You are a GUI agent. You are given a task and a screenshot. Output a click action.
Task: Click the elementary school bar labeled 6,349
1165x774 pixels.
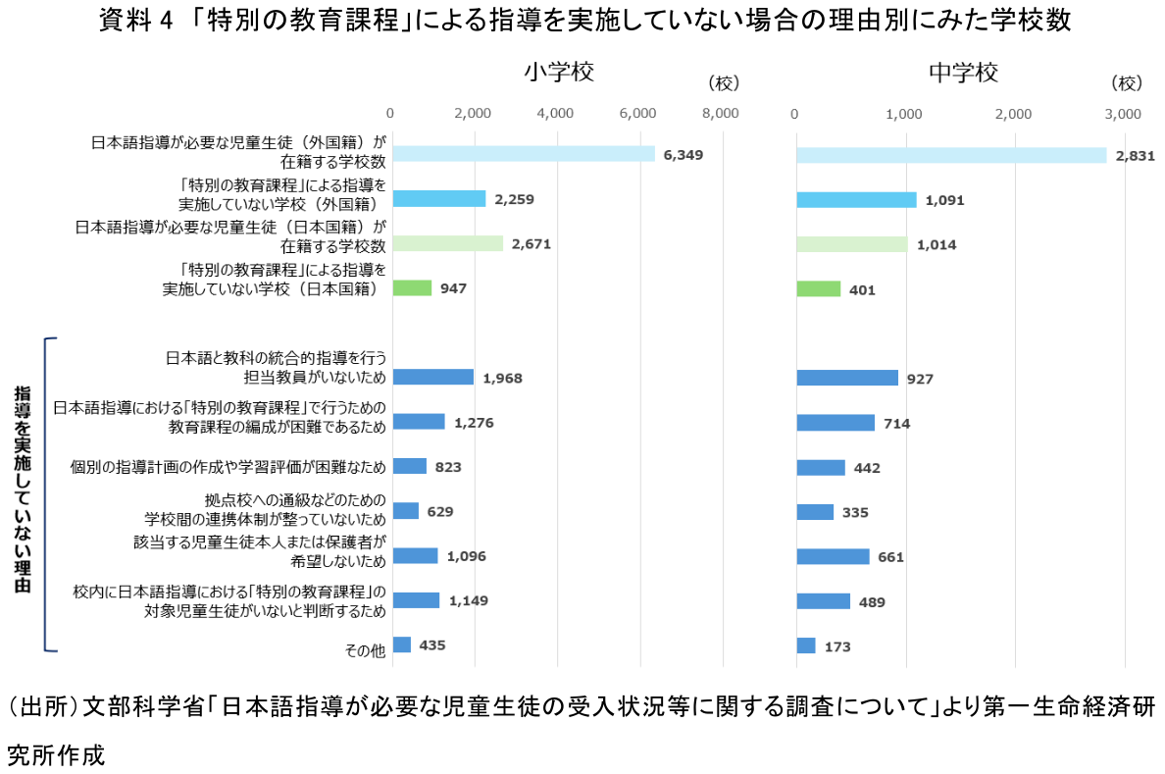pyautogui.click(x=524, y=154)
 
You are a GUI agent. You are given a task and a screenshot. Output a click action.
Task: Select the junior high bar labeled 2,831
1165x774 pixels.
pyautogui.click(x=951, y=155)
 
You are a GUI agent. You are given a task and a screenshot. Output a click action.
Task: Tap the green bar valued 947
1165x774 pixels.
pyautogui.click(x=412, y=288)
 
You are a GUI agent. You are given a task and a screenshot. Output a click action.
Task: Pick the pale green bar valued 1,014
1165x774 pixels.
pyautogui.click(x=851, y=244)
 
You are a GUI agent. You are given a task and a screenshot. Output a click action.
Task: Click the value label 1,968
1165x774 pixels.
pyautogui.click(x=503, y=378)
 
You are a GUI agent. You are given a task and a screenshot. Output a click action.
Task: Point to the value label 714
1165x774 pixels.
pyautogui.click(x=896, y=424)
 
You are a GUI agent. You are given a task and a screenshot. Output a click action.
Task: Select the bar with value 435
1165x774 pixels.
pyautogui.click(x=402, y=645)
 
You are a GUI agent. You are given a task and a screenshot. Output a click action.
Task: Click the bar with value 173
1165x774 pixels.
pyautogui.click(x=806, y=645)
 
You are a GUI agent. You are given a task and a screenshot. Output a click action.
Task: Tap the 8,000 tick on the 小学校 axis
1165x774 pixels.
pyautogui.click(x=722, y=113)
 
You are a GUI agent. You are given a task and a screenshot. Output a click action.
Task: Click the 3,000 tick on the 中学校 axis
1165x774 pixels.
pyautogui.click(x=1123, y=113)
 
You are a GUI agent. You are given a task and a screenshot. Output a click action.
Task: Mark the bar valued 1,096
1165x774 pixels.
pyautogui.click(x=415, y=556)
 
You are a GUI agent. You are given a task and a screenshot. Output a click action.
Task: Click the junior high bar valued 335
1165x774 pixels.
pyautogui.click(x=815, y=512)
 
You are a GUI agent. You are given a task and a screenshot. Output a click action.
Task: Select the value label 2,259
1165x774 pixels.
pyautogui.click(x=514, y=200)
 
